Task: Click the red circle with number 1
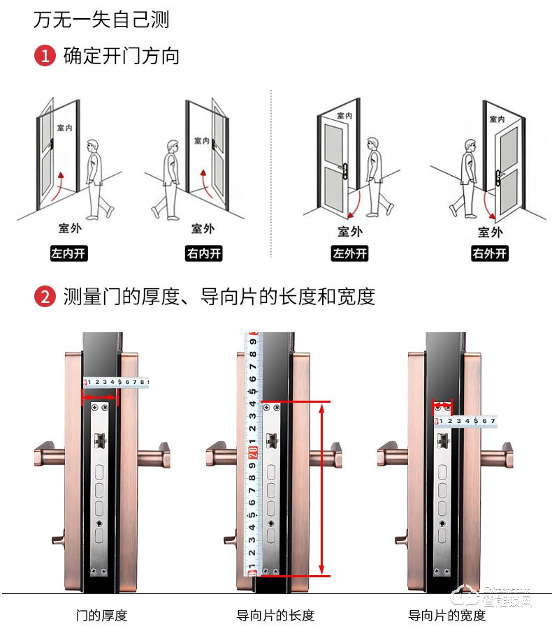44,56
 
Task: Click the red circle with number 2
44,297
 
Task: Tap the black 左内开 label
68,253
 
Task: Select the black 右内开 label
203,253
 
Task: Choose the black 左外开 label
349,253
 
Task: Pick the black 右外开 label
489,253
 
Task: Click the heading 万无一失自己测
101,19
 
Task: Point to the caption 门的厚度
101,615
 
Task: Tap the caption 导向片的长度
275,615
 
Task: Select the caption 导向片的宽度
446,615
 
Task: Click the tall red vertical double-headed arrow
322,489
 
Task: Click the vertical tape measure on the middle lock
252,454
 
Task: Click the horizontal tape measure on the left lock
115,382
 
